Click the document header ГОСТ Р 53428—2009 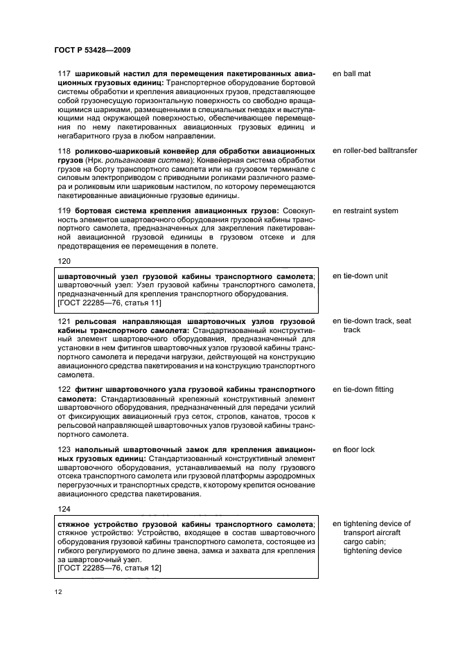[x=92, y=51]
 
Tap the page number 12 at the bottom [x=58, y=592]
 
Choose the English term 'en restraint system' [x=365, y=210]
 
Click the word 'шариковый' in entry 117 [x=97, y=73]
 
